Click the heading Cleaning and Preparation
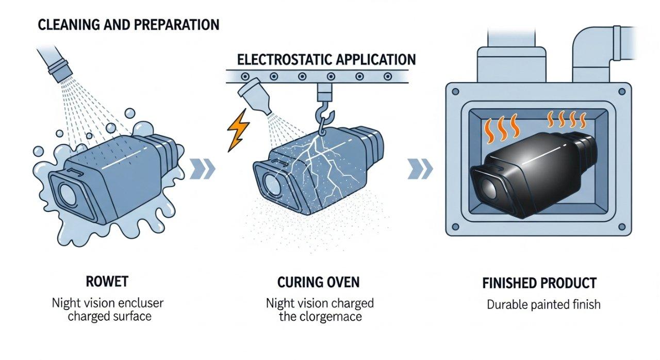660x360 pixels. pos(128,24)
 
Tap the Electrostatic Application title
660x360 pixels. pos(326,59)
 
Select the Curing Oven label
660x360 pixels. pos(318,282)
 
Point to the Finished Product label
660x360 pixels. pos(539,283)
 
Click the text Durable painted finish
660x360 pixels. pos(543,304)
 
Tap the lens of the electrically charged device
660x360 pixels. pos(269,182)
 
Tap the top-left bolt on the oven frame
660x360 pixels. pos(455,92)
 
